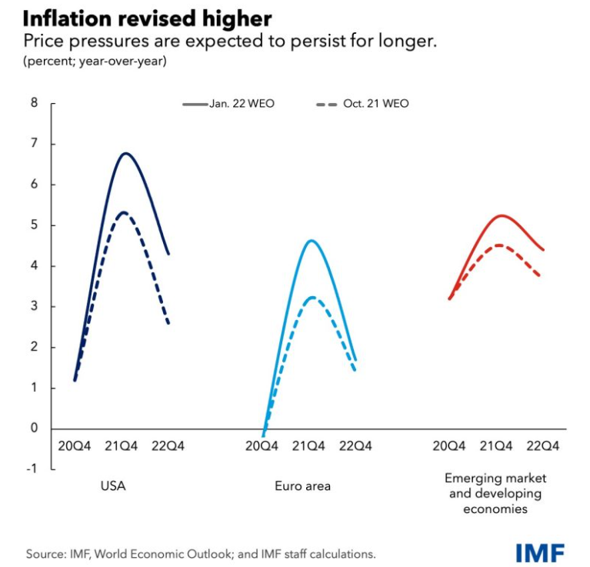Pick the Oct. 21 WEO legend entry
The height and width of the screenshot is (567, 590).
(x=361, y=104)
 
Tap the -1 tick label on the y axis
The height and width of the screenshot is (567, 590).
(x=32, y=469)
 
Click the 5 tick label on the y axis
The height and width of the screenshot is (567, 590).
(x=33, y=225)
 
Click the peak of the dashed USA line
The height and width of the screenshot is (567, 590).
(x=123, y=212)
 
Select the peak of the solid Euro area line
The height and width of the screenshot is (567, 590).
(x=311, y=241)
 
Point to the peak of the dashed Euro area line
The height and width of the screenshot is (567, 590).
(x=310, y=297)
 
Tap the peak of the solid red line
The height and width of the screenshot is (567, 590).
(x=502, y=215)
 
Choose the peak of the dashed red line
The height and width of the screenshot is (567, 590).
(x=499, y=245)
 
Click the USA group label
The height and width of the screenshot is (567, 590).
(x=112, y=486)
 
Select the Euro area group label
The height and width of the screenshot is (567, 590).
(x=302, y=486)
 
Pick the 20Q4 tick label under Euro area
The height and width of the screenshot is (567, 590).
(x=262, y=445)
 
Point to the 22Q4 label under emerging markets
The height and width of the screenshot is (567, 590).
(x=543, y=445)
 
